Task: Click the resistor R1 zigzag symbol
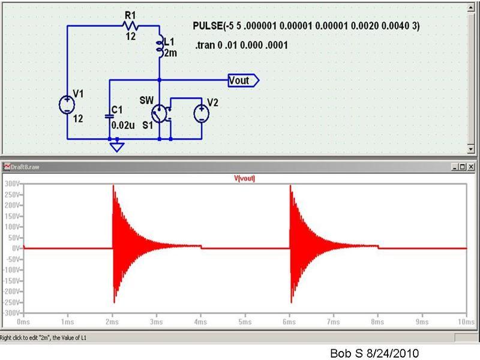(x=130, y=26)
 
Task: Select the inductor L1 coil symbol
(x=160, y=46)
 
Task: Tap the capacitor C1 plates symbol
(x=109, y=116)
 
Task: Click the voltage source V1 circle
(x=67, y=104)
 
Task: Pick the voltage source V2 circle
(x=202, y=113)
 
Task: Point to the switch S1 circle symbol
(x=159, y=114)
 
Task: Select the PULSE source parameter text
(x=306, y=26)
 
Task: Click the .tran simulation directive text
(x=242, y=46)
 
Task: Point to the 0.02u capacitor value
(x=123, y=125)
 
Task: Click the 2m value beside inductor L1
(x=170, y=53)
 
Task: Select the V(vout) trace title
(x=244, y=178)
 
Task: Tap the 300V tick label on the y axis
(x=12, y=184)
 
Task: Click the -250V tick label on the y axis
(x=11, y=302)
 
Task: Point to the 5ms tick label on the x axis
(x=245, y=322)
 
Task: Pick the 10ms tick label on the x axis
(x=466, y=322)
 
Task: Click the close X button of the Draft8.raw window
(x=472, y=167)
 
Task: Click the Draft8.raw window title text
(x=25, y=167)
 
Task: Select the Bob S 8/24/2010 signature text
(x=374, y=353)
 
